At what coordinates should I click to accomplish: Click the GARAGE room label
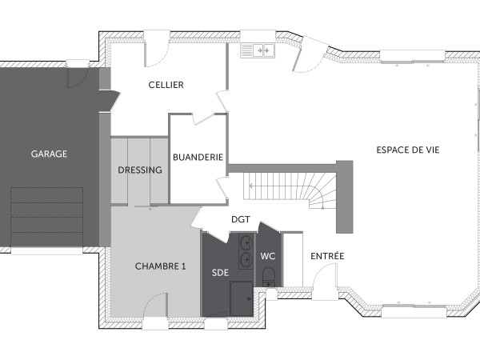coord(49,154)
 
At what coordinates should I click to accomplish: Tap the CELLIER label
coord(166,85)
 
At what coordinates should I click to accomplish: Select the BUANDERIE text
coord(198,158)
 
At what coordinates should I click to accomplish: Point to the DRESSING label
coord(140,170)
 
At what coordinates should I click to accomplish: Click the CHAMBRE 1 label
coord(160,266)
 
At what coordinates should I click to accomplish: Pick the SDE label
coord(220,273)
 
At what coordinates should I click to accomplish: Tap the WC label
coord(268,257)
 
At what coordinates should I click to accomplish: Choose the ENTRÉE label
coord(326,256)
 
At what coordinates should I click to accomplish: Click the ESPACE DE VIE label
coord(408,150)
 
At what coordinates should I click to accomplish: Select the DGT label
coord(241,218)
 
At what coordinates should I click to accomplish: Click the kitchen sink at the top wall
coord(262,50)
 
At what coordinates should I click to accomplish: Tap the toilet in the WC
coord(269,278)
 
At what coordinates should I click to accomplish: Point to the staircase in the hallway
coord(288,190)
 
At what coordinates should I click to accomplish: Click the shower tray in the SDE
coord(242,302)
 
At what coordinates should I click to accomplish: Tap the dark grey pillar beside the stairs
coord(344,192)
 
